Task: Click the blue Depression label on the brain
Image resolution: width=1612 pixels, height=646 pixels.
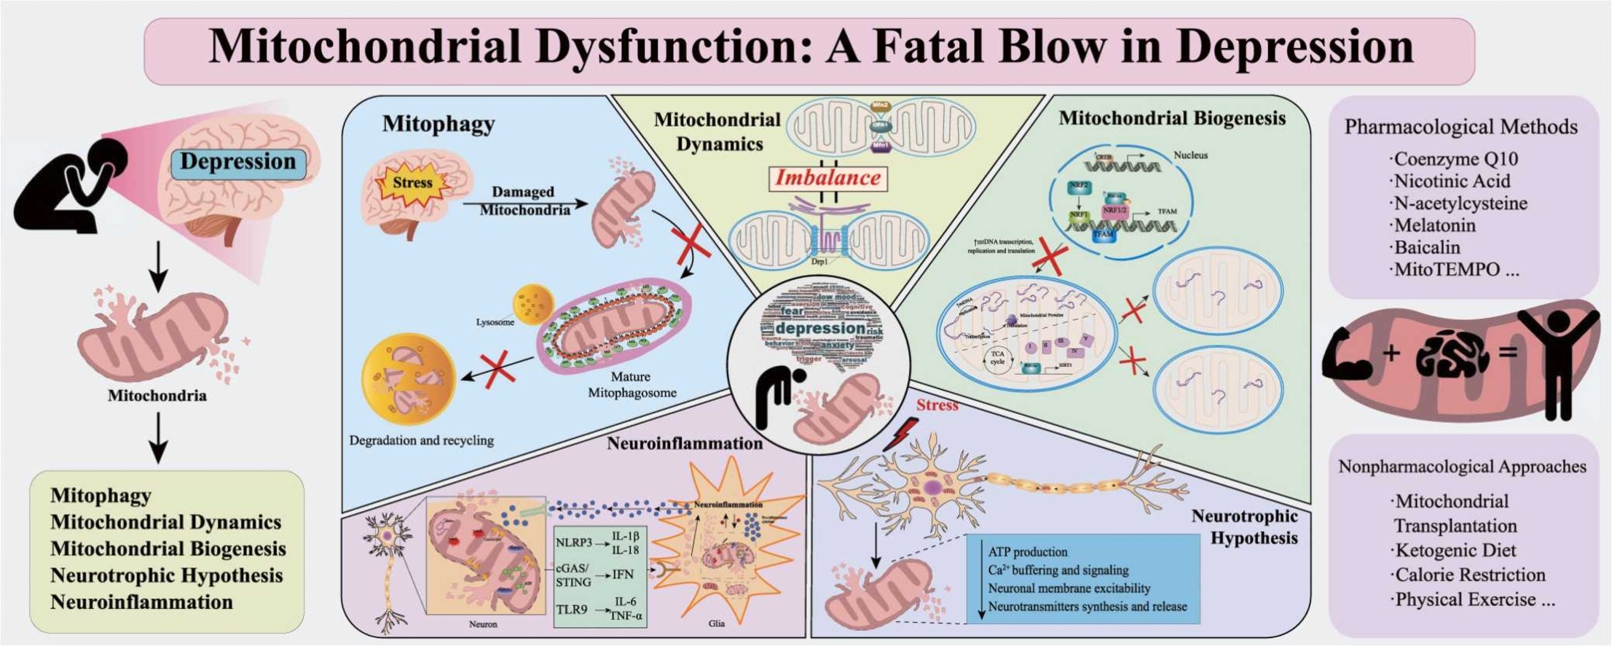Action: coord(237,162)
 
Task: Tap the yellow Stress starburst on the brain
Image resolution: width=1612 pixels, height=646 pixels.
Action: coord(412,183)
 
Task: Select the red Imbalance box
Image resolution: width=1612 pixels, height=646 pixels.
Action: coord(828,178)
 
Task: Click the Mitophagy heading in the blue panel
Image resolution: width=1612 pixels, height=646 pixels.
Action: coord(439,124)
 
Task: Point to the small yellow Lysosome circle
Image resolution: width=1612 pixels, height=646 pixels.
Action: coord(533,303)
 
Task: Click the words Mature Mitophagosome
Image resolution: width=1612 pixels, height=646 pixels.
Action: coord(632,384)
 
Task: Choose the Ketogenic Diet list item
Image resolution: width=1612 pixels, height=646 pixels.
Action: coord(1455,550)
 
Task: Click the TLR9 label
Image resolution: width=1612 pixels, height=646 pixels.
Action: coord(571,609)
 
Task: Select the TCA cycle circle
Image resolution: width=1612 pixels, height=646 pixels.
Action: coord(997,358)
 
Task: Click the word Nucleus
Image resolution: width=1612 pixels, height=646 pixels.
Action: coord(1190,155)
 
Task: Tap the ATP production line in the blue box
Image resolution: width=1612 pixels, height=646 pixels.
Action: coord(1027,552)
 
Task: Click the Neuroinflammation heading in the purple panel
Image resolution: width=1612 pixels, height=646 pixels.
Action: coord(685,443)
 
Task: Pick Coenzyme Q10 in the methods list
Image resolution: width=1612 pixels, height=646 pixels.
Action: coord(1455,159)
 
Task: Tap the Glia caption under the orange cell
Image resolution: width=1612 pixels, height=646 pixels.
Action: coord(716,623)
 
